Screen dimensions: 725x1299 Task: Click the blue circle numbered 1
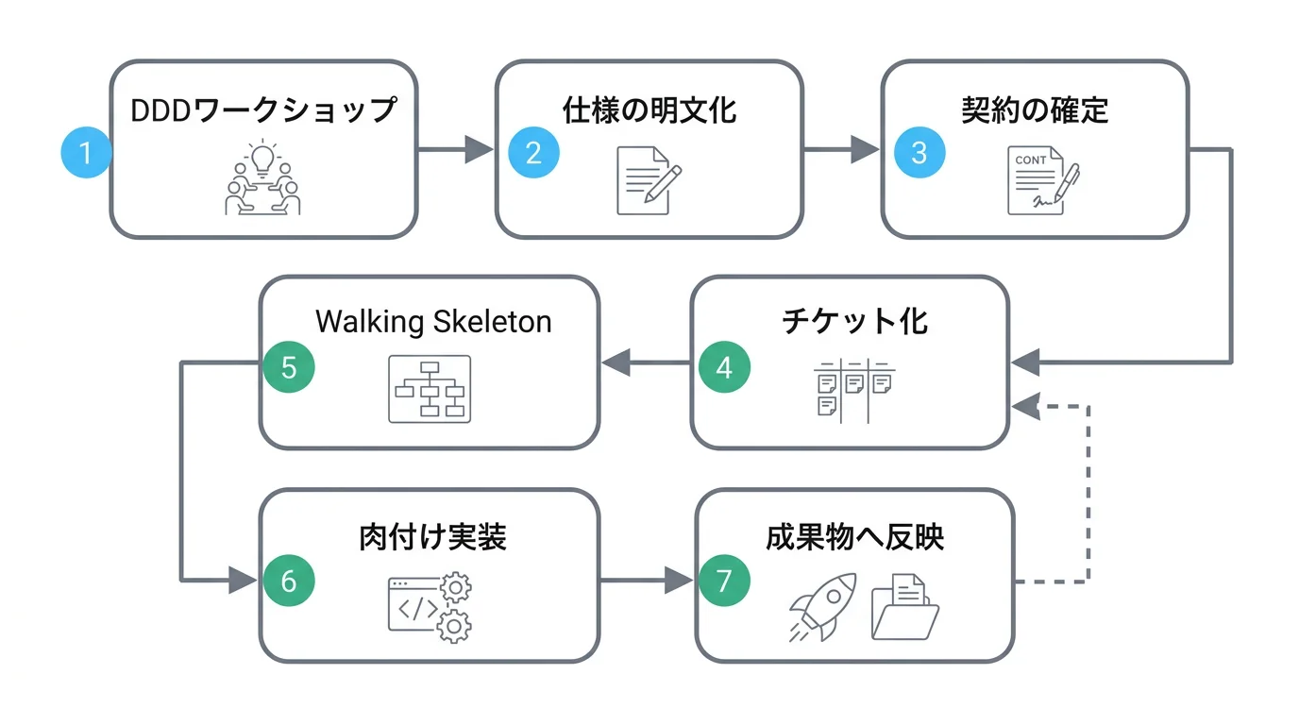(x=86, y=152)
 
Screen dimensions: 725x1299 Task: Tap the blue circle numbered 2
(x=533, y=152)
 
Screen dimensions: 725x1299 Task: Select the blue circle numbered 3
(x=919, y=152)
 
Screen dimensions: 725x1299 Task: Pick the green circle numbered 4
(x=724, y=367)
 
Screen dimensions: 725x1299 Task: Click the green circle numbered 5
(x=289, y=367)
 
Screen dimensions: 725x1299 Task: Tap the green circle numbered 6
(x=289, y=581)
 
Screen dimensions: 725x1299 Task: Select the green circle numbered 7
(x=724, y=581)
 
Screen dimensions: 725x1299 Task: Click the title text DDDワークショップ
(x=263, y=110)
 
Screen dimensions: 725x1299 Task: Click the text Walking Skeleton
(x=433, y=321)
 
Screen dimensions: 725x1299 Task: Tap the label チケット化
(x=854, y=321)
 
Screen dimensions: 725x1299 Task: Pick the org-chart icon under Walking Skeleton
(x=430, y=388)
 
